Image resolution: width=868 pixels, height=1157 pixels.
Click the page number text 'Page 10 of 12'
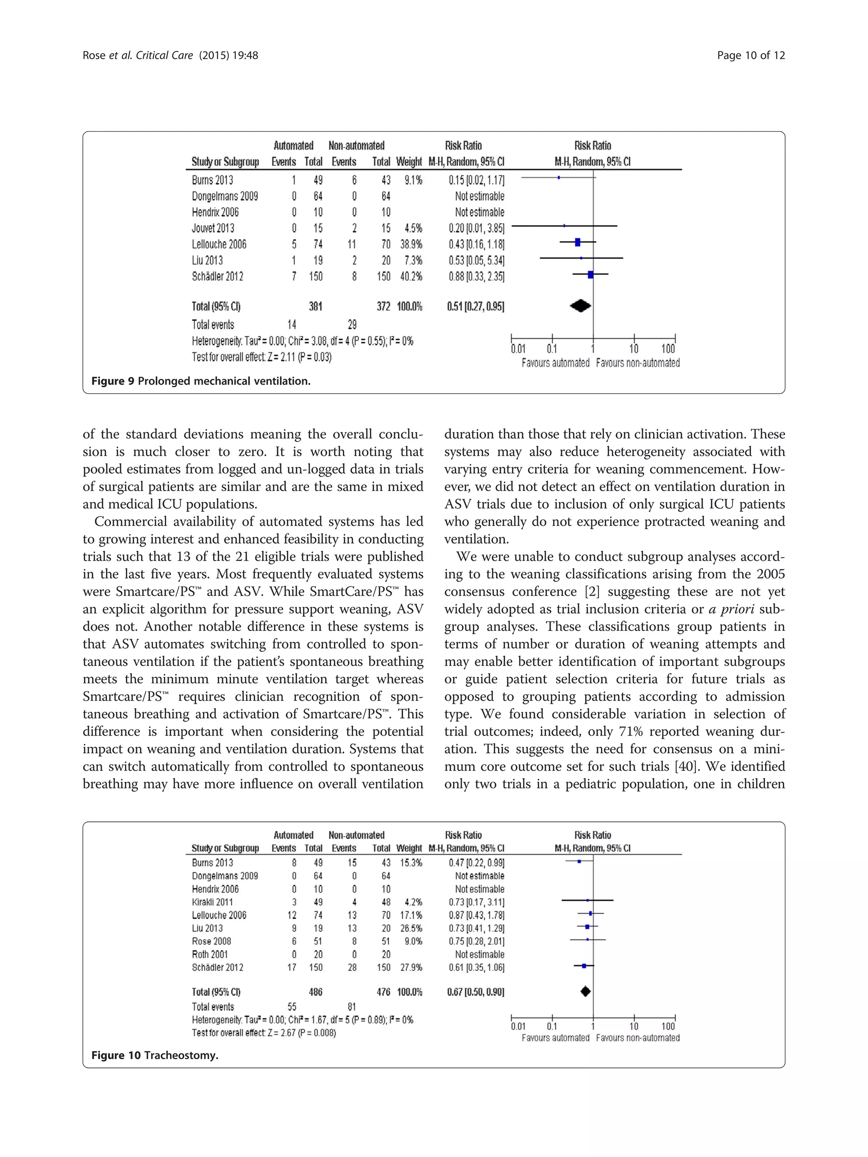coord(750,55)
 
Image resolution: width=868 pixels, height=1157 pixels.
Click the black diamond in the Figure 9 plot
coord(580,306)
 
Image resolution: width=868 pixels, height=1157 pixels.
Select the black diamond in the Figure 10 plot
coord(585,991)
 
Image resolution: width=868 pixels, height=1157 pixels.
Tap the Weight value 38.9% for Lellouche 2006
coord(411,244)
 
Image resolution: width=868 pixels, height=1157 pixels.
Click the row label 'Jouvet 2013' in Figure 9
coord(213,228)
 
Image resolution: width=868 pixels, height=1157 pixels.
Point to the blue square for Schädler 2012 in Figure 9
coord(590,275)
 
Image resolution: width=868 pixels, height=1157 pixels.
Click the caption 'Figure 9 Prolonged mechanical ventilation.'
coord(201,381)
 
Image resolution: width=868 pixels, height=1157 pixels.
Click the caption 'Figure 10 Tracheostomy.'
coord(154,1055)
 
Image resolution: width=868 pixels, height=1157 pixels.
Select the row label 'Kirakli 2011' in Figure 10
coord(212,902)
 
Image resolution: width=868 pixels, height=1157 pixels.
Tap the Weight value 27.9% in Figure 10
coord(411,967)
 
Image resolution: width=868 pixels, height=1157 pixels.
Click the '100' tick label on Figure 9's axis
coord(668,349)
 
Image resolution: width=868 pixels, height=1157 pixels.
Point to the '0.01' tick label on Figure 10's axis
coord(518,1026)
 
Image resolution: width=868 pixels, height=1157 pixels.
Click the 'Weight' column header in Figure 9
coord(409,162)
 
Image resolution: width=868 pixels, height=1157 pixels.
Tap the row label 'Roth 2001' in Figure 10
coord(210,954)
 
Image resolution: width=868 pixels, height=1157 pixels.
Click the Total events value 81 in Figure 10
coord(352,1006)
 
